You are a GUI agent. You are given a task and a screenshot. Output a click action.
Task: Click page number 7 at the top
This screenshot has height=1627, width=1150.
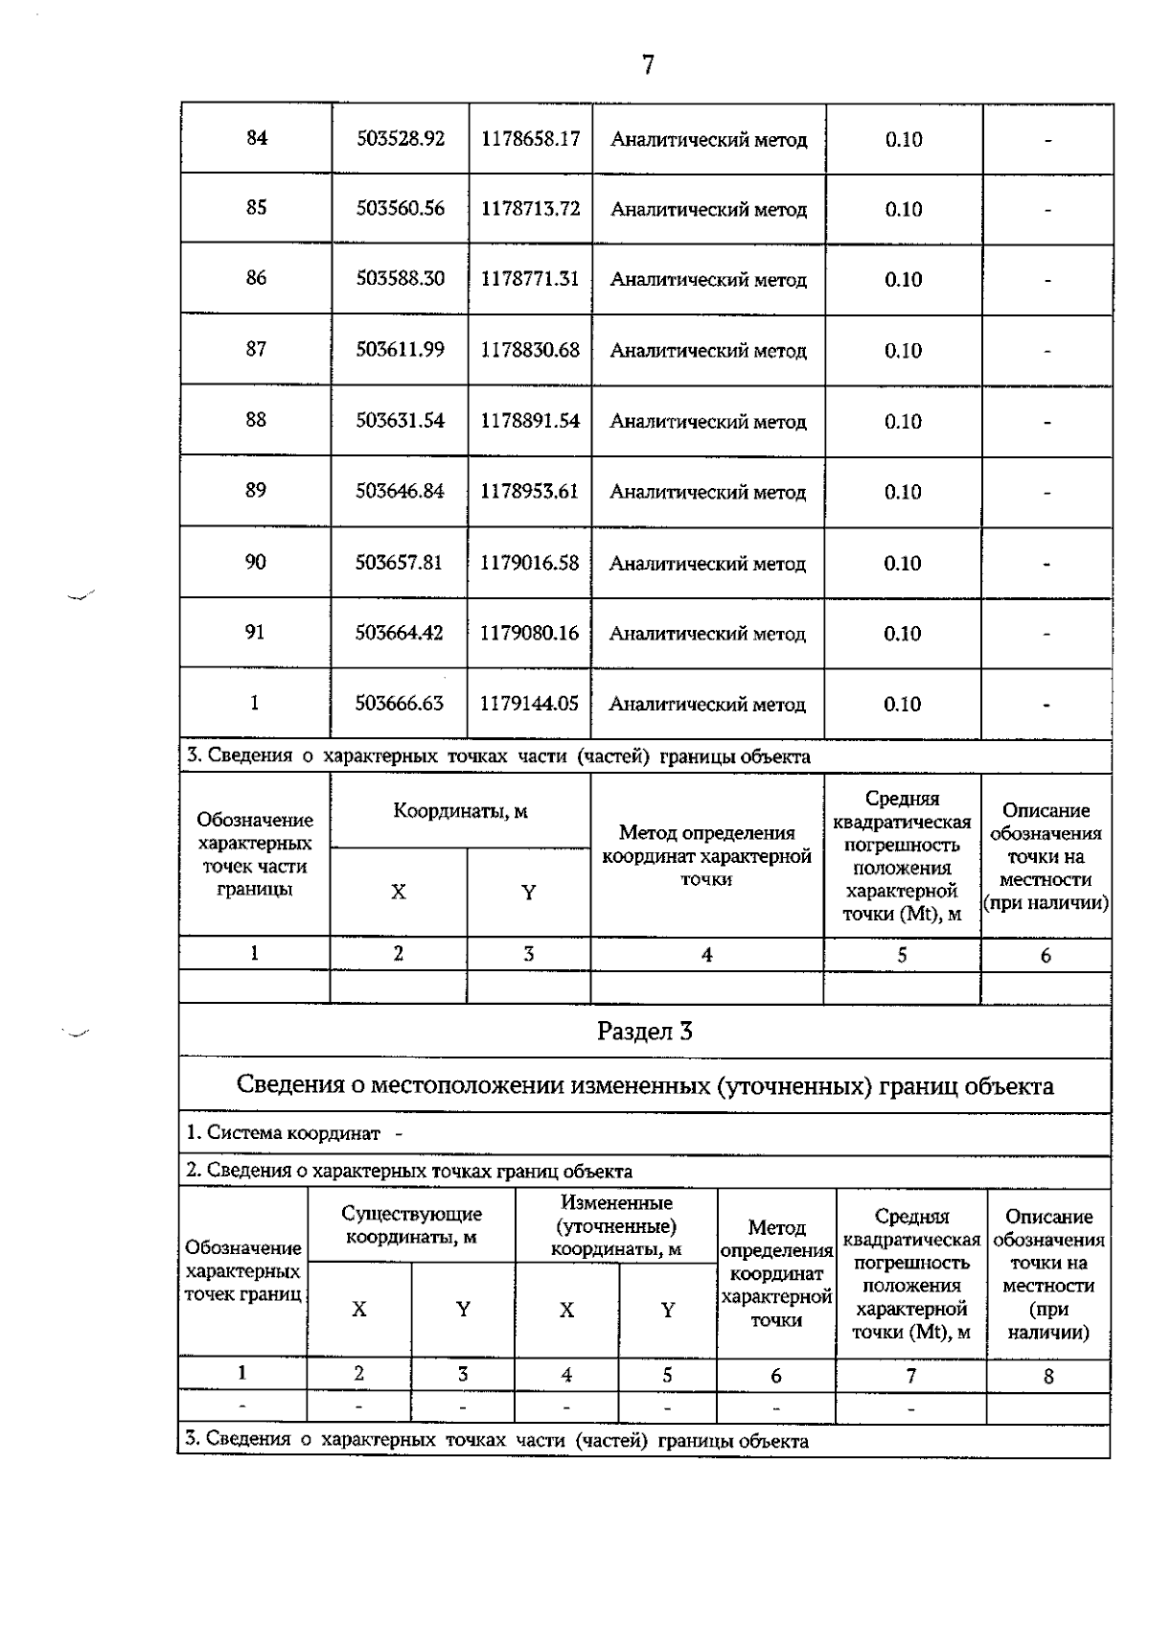pos(648,65)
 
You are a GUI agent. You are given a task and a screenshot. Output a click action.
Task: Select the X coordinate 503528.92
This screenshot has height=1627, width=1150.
pos(401,138)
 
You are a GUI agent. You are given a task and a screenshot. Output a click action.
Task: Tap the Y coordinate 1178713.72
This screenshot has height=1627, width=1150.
pos(530,209)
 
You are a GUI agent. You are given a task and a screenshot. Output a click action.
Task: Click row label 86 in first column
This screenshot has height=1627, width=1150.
pos(256,278)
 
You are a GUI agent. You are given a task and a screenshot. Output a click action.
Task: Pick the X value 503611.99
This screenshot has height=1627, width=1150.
pos(401,350)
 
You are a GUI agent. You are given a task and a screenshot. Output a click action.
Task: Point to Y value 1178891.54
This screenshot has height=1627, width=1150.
pos(530,421)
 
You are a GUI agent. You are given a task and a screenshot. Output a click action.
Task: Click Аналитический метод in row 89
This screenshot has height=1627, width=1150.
pos(708,492)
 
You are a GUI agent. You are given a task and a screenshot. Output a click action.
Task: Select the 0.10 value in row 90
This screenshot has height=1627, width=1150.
pos(903,563)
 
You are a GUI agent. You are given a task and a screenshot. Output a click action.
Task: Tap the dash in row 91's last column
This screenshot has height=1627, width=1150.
pos(1046,634)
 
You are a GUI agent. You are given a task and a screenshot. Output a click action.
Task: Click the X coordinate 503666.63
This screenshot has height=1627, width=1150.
pos(400,704)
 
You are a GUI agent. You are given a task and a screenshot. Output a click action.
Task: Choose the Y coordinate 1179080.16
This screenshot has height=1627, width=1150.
pos(530,633)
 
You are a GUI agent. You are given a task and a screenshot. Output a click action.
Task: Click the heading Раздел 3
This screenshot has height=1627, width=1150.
pos(644,1032)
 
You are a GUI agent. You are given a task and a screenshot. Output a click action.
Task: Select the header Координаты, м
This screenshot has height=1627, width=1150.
pos(460,812)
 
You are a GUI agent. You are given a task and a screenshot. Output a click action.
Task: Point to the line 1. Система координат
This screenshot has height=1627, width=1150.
pos(285,1133)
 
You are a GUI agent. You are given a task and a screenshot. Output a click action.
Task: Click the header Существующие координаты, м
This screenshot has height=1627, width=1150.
pos(411,1225)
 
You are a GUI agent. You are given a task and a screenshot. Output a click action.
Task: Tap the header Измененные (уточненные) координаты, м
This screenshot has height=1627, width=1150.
pos(615,1226)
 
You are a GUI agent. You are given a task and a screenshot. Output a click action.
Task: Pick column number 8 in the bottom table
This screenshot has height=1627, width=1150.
pos(1048,1377)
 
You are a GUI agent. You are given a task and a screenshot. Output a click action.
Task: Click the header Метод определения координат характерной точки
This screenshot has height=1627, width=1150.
pos(707,855)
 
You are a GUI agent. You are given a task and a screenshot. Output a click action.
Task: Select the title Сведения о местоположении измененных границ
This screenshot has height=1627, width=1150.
pos(644,1086)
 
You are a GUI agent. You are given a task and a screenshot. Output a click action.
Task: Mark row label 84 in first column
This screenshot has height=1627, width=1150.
pos(256,138)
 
